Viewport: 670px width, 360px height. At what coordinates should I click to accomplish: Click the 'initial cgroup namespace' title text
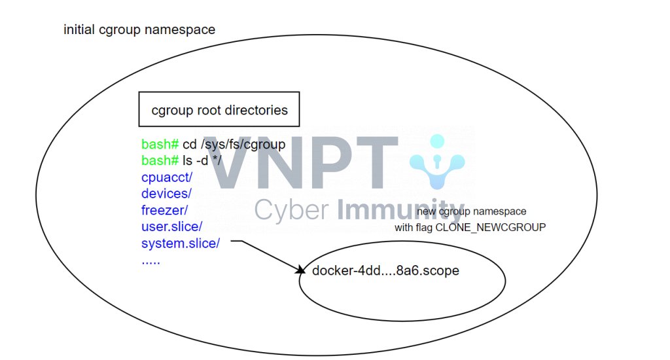139,29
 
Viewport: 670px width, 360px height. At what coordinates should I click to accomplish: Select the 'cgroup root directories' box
219,110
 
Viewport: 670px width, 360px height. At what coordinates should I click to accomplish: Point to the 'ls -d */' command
202,160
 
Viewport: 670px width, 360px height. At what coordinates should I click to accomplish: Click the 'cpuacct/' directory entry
167,177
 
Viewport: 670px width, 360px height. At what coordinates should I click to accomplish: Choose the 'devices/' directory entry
166,193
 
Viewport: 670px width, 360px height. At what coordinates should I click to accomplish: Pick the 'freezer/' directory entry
164,210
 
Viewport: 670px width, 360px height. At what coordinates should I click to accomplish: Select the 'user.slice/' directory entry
172,226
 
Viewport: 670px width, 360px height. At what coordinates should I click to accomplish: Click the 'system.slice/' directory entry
181,243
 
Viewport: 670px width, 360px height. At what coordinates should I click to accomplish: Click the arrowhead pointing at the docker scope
301,270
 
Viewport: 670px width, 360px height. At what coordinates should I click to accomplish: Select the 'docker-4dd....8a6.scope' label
385,271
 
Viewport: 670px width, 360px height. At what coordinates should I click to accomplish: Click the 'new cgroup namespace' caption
472,211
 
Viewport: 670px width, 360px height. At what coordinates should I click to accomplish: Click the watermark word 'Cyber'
291,210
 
